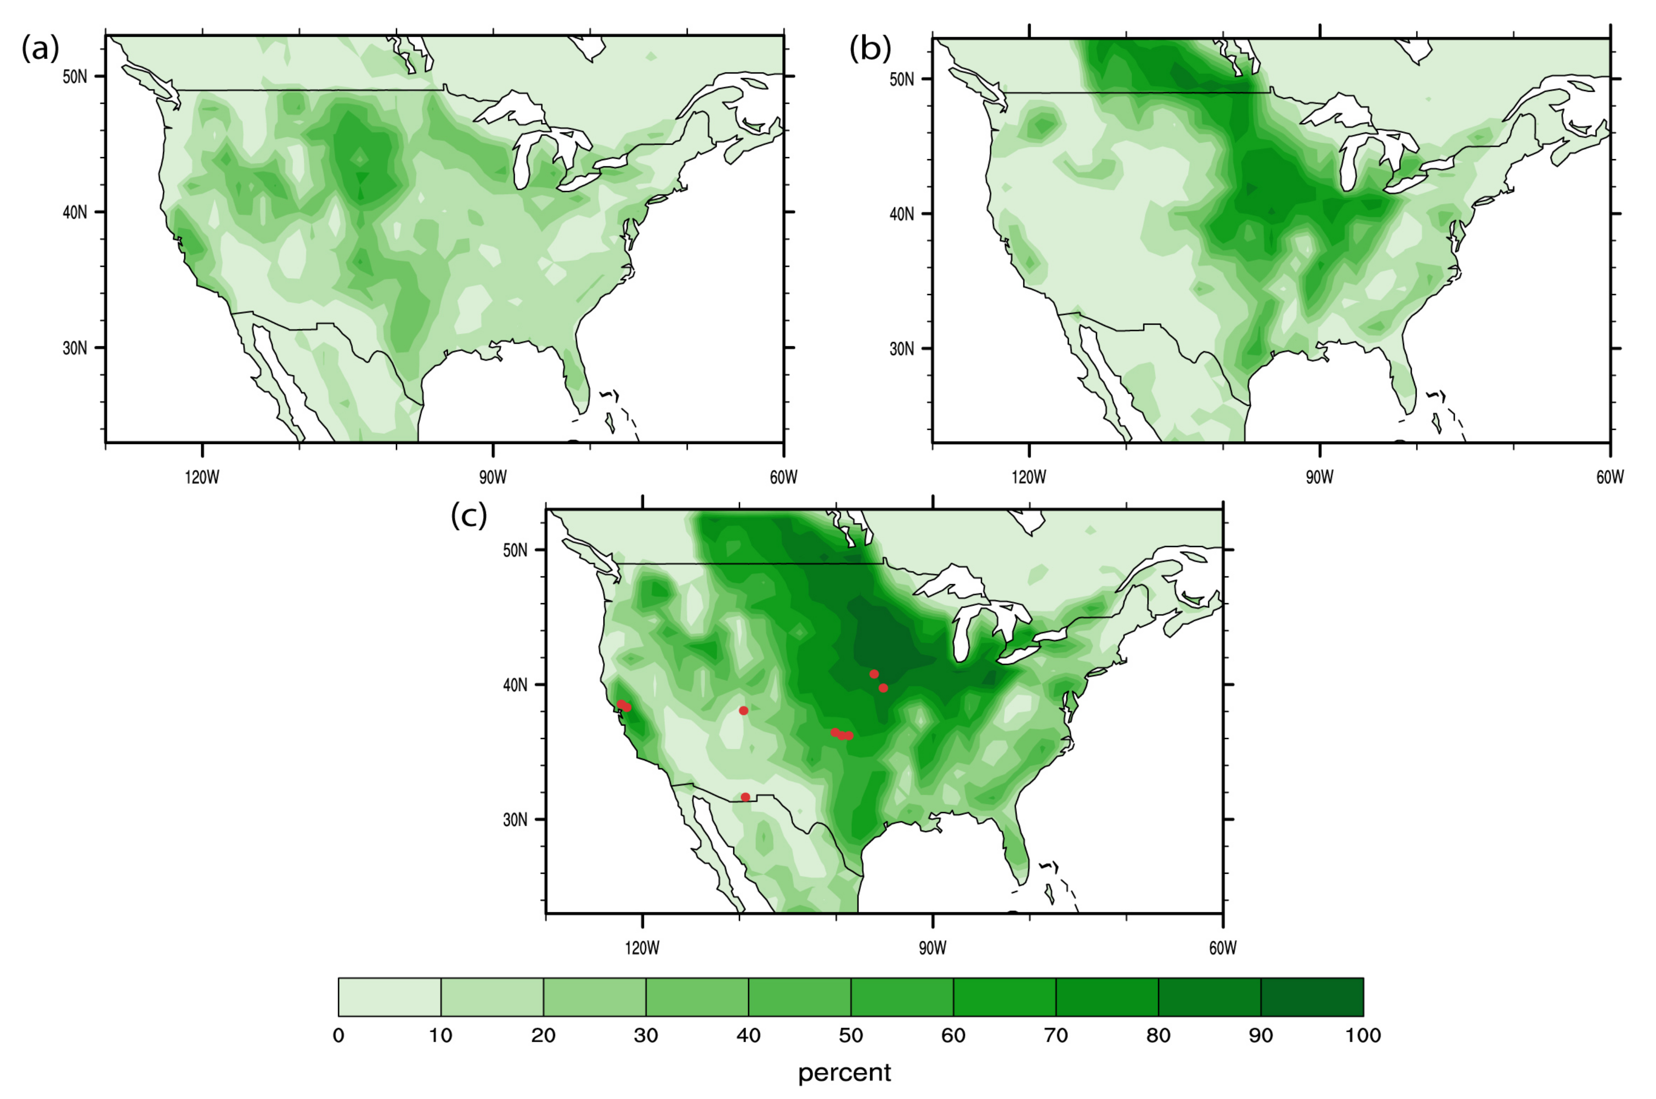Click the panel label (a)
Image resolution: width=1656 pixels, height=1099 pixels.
(x=40, y=49)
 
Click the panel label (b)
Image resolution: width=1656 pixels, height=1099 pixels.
(x=870, y=49)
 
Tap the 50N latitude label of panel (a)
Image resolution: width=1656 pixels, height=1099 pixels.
(x=75, y=76)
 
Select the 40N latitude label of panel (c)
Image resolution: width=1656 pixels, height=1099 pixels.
(x=515, y=685)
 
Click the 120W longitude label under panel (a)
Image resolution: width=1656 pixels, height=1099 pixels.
(x=203, y=478)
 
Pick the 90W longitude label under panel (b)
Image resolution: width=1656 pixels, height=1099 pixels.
(x=1319, y=478)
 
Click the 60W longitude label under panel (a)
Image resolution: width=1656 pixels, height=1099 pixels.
(x=784, y=478)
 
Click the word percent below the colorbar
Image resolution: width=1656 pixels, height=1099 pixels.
(x=844, y=1073)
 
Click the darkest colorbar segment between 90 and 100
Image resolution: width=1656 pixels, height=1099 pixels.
(x=1312, y=996)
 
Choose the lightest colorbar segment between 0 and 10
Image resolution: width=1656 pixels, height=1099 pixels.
(x=390, y=996)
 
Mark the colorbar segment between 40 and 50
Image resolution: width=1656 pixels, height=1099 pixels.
(x=799, y=996)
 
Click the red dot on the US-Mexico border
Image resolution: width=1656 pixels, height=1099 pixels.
(x=745, y=797)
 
